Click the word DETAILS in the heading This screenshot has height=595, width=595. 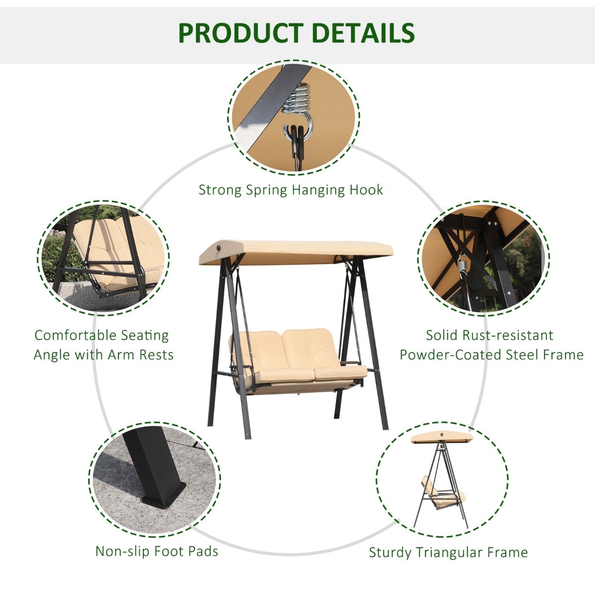coord(363,33)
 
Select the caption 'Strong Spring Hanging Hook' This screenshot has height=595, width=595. coord(291,190)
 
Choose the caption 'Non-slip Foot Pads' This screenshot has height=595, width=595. coord(157,551)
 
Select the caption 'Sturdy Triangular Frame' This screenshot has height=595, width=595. coord(448,552)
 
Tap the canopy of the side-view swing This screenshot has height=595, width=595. coord(442,437)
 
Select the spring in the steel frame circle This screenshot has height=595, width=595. coord(463,266)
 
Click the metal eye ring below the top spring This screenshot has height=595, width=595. coord(295,124)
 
